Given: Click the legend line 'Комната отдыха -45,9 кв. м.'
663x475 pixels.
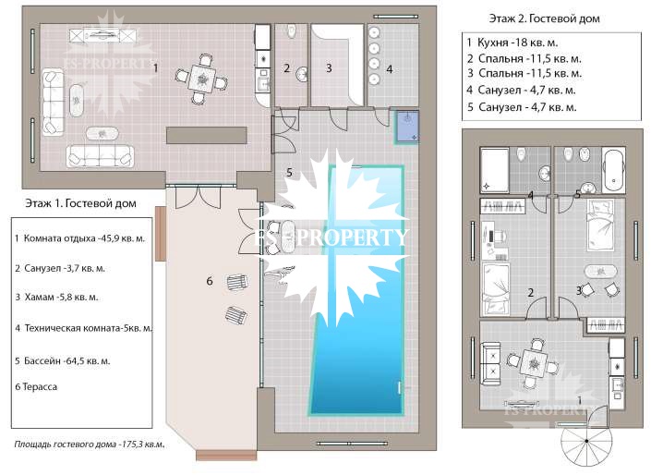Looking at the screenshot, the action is point(84,238).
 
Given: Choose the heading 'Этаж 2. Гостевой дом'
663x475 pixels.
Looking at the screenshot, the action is point(544,18).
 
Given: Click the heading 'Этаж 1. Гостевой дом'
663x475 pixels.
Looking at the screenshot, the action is point(80,203).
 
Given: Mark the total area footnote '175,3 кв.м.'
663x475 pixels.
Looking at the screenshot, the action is point(143,445).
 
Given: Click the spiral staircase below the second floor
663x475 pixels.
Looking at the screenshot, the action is point(586,441).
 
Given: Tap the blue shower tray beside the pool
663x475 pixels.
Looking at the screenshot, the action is point(407,127).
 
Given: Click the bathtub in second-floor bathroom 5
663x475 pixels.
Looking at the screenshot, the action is point(613,171).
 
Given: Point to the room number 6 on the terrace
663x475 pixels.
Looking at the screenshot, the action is point(210,281).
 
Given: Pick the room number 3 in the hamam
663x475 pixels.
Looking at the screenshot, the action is point(329,68).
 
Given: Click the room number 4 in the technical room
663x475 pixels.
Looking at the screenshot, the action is point(390,69).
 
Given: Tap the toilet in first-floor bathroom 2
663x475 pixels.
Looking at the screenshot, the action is point(291,30).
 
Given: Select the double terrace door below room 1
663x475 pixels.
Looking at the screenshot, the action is point(198,197).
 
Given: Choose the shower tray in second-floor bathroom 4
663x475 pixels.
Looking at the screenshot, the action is point(495,170).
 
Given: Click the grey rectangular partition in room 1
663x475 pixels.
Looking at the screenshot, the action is point(206,136).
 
